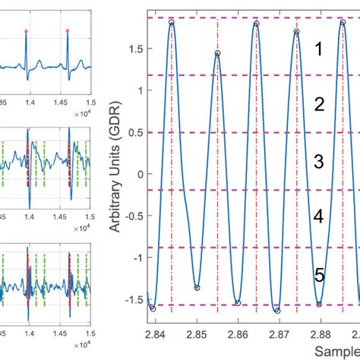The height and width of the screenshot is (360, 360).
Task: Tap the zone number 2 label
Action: coord(320,104)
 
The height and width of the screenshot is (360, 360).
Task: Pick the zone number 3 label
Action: coord(320,161)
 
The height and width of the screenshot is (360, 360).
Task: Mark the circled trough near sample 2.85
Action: coord(197,288)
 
